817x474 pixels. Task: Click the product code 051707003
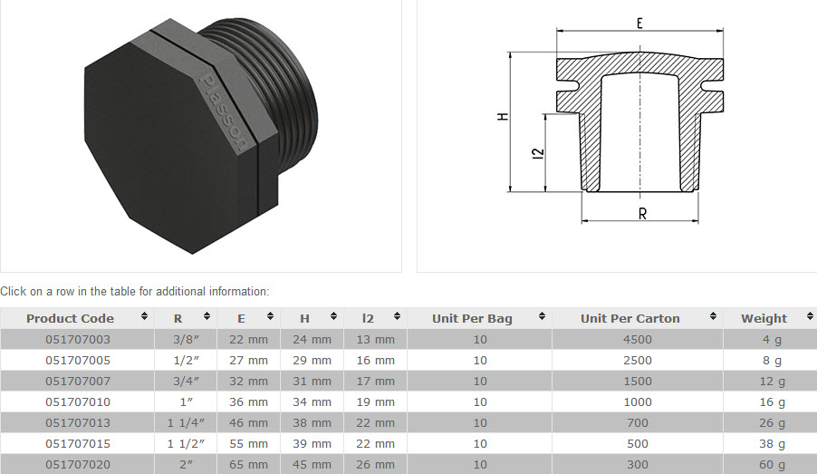[78, 339]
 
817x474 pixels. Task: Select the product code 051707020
[78, 464]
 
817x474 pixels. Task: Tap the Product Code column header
[71, 318]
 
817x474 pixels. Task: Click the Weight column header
[764, 318]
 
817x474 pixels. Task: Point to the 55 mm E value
[253, 443]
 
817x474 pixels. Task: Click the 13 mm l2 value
[376, 339]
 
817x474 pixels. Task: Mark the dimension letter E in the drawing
[640, 24]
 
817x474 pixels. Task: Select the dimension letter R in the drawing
[641, 215]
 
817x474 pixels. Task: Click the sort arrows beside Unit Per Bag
[543, 317]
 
